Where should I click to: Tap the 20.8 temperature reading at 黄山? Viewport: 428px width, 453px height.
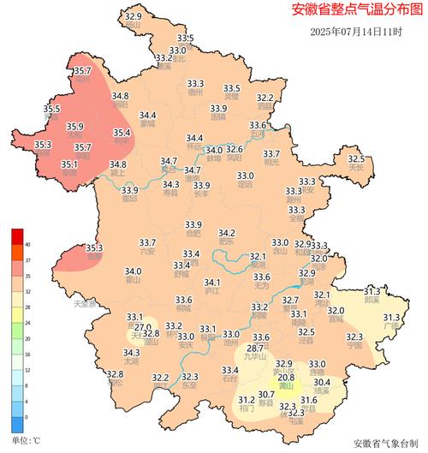pos(287,378)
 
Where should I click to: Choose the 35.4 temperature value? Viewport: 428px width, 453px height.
pos(122,133)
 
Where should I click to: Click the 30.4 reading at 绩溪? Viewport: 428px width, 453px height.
pos(322,382)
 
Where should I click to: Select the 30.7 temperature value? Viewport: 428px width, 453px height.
pos(266,394)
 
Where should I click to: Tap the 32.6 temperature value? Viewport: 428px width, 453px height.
pos(234,150)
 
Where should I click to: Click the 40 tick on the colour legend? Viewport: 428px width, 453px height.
pos(27,244)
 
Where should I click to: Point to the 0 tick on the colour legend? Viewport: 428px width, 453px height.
pos(27,416)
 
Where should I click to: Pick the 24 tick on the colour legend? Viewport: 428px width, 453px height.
pos(27,322)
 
